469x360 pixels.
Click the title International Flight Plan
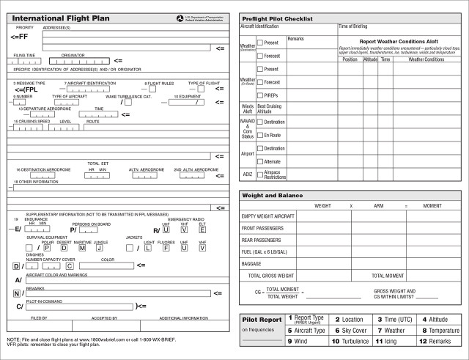pyautogui.click(x=55, y=17)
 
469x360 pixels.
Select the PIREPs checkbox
pyautogui.click(x=260, y=95)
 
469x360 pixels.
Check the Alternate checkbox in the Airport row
pyautogui.click(x=260, y=161)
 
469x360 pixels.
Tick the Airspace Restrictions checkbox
pyautogui.click(x=260, y=174)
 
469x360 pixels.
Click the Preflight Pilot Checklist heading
pyautogui.click(x=277, y=18)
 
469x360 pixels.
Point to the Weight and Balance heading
pyautogui.click(x=273, y=196)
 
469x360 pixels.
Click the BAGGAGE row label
pyautogui.click(x=251, y=262)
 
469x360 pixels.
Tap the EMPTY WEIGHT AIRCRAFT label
pyautogui.click(x=267, y=216)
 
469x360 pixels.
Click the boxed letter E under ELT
pyautogui.click(x=202, y=229)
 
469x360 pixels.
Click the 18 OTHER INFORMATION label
pyautogui.click(x=35, y=181)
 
